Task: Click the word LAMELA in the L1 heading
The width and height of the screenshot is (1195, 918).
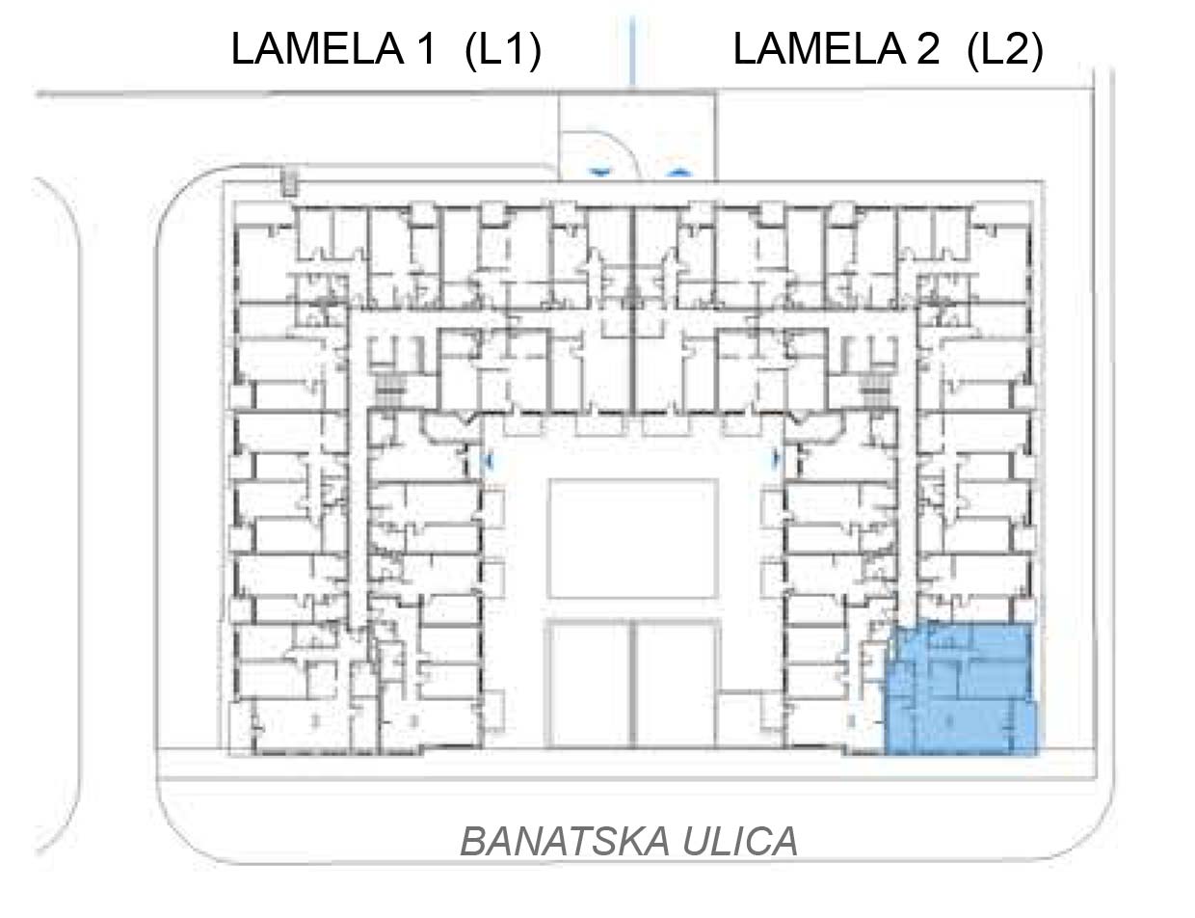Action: coord(318,49)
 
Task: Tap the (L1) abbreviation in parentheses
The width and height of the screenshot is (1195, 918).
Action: coord(503,50)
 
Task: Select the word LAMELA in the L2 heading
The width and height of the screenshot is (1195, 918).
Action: coord(820,49)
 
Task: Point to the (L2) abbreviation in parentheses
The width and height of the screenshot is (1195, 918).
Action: coord(1005,50)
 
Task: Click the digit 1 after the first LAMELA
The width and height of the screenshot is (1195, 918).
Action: coord(426,49)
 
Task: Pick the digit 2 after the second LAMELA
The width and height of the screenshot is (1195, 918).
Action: coord(927,49)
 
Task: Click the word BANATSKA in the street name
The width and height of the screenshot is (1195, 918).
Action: coord(565,842)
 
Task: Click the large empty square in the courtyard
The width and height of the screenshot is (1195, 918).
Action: coord(633,538)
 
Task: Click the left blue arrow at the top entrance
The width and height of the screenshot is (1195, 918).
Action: coord(600,173)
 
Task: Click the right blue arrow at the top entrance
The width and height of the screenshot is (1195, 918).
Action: coord(678,173)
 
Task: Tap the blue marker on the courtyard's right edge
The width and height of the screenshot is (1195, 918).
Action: coord(777,458)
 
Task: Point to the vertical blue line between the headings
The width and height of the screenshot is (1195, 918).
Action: coord(632,50)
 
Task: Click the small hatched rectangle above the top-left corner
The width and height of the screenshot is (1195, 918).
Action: coord(289,183)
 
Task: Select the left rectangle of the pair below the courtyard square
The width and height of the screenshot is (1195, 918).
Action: coord(590,686)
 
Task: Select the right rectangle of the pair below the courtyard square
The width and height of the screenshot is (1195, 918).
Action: coord(677,686)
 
